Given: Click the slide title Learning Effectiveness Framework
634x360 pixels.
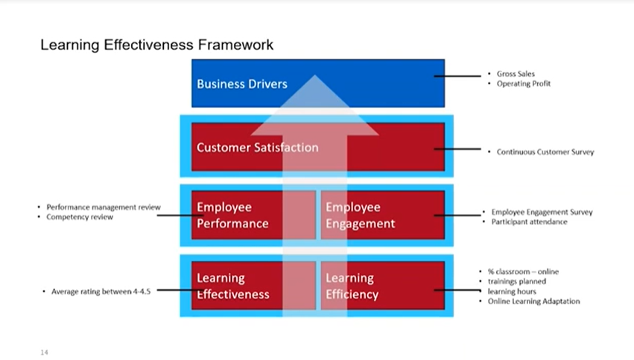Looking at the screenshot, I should coord(156,45).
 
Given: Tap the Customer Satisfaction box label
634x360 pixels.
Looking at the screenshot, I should coord(257,148).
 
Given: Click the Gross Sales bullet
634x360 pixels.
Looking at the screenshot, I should coord(516,74).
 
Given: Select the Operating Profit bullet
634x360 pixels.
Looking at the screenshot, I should coord(523,83).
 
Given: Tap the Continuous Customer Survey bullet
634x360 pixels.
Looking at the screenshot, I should coord(545,152).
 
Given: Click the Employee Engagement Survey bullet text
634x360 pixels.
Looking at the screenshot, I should coord(542,212).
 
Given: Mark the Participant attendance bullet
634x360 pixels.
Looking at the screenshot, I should coord(529,221).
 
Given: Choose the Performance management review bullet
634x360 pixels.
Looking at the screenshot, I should coord(103,207).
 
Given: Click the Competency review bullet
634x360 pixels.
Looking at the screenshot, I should coord(80,217).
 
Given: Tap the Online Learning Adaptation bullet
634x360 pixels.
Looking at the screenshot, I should coord(533,301).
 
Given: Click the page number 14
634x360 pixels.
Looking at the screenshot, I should coord(44,350).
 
